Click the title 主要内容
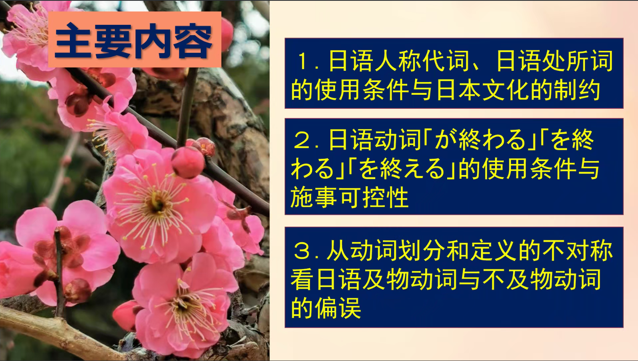coord(134,41)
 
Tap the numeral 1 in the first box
coord(303,61)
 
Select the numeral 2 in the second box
coord(303,140)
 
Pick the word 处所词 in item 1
coord(577,61)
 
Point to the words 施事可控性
coord(350,197)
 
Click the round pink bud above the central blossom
coord(188,162)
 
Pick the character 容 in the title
coord(193,41)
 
